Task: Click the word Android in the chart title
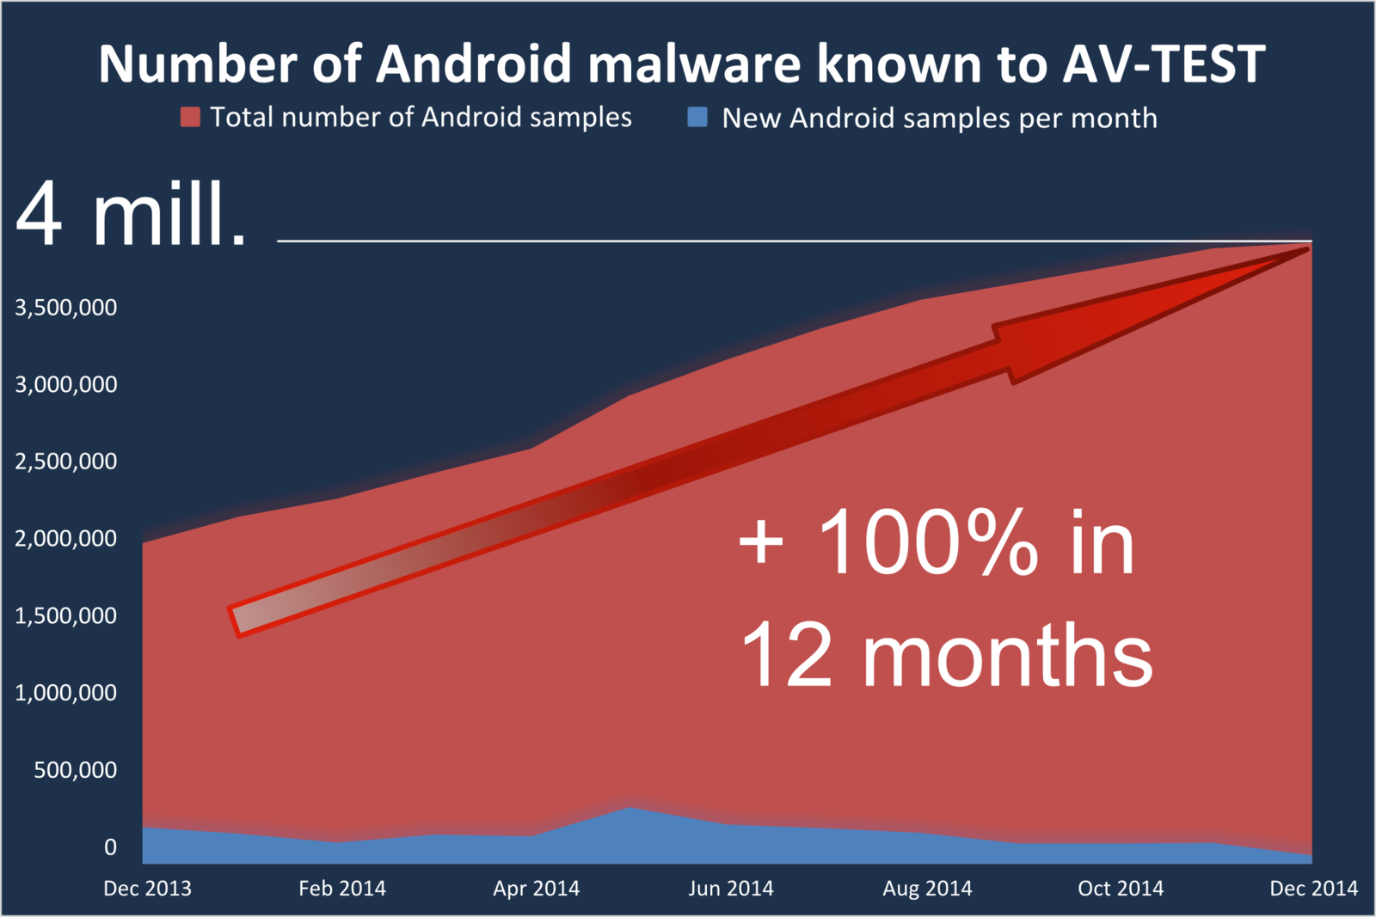pyautogui.click(x=474, y=64)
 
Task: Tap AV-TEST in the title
pyautogui.click(x=1164, y=64)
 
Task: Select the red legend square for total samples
pyautogui.click(x=190, y=117)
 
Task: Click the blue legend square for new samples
pyautogui.click(x=697, y=117)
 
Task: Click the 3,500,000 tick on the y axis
pyautogui.click(x=65, y=308)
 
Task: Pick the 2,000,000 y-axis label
pyautogui.click(x=65, y=538)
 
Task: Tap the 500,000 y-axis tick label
pyautogui.click(x=75, y=770)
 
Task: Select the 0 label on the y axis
pyautogui.click(x=111, y=847)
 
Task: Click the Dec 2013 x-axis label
pyautogui.click(x=147, y=888)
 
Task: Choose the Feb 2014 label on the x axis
pyautogui.click(x=342, y=888)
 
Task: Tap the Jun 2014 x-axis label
pyautogui.click(x=731, y=888)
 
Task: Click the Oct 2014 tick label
pyautogui.click(x=1121, y=888)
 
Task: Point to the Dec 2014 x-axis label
pyautogui.click(x=1314, y=888)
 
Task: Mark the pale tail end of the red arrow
pyautogui.click(x=234, y=622)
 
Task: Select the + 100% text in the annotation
pyautogui.click(x=889, y=542)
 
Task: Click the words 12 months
pyautogui.click(x=947, y=654)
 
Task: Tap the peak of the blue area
pyautogui.click(x=629, y=807)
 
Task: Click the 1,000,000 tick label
pyautogui.click(x=65, y=693)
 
